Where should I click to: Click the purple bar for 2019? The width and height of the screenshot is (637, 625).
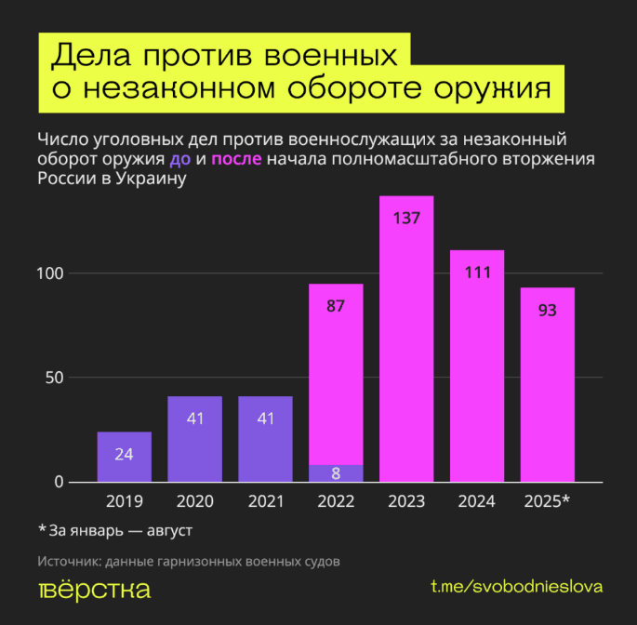point(124,457)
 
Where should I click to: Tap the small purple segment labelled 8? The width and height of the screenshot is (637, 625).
point(336,472)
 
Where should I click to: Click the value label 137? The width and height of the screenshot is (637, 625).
point(406,219)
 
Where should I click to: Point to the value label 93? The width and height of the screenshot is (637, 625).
point(547,310)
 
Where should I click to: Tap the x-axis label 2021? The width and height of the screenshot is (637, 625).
point(265,501)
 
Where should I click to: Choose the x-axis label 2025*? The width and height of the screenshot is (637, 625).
point(547,501)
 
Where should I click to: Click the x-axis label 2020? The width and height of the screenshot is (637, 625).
point(194,501)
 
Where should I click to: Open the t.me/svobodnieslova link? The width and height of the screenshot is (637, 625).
point(517,587)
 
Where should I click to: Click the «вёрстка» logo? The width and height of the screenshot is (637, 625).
point(94,589)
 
